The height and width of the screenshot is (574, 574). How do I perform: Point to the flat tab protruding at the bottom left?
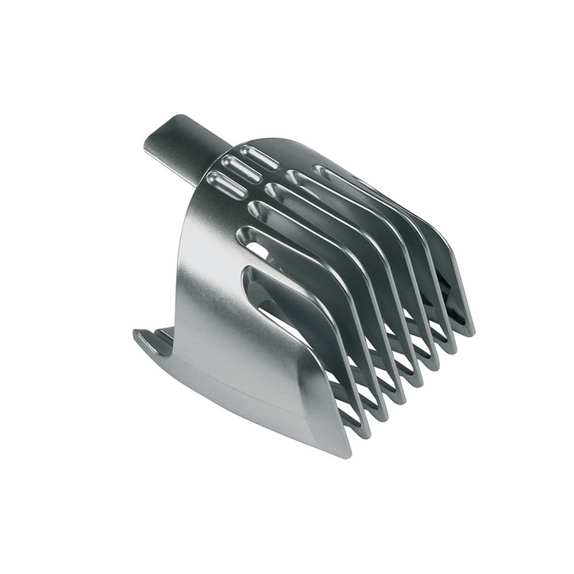click(x=151, y=339)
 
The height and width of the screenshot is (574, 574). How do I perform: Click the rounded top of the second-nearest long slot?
click(x=244, y=234)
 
